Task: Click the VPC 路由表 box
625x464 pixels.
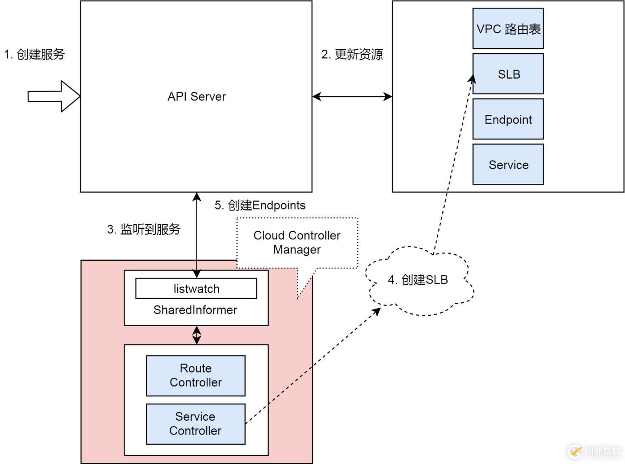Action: pyautogui.click(x=508, y=28)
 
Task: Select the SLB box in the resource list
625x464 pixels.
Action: pyautogui.click(x=508, y=74)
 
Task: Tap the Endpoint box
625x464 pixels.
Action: pyautogui.click(x=508, y=120)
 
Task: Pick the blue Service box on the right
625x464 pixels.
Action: pyautogui.click(x=508, y=165)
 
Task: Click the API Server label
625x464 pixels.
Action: pyautogui.click(x=196, y=97)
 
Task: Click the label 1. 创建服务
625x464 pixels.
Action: pyautogui.click(x=34, y=54)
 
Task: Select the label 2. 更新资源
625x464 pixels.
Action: pyautogui.click(x=352, y=54)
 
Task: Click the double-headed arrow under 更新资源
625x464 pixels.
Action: pyautogui.click(x=352, y=97)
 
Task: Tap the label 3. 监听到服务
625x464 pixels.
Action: pyautogui.click(x=144, y=229)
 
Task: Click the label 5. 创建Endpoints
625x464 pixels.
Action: pyautogui.click(x=260, y=205)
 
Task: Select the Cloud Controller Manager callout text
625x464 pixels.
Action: pyautogui.click(x=297, y=242)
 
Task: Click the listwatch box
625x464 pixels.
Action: pyautogui.click(x=196, y=289)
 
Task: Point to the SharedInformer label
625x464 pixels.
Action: pyautogui.click(x=195, y=310)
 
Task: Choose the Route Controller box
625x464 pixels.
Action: pyautogui.click(x=196, y=376)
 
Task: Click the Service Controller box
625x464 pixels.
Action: pyautogui.click(x=196, y=424)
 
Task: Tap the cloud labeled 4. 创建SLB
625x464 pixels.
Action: pyautogui.click(x=419, y=280)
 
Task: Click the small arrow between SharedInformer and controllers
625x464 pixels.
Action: pyautogui.click(x=196, y=335)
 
